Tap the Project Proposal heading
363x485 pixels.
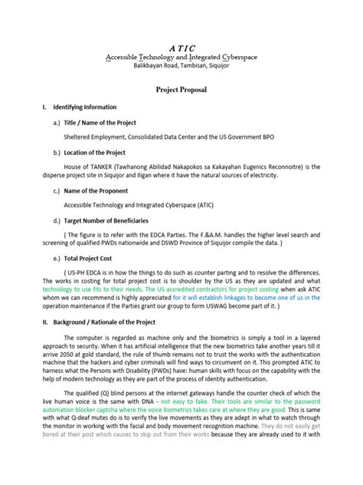pyautogui.click(x=181, y=90)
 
